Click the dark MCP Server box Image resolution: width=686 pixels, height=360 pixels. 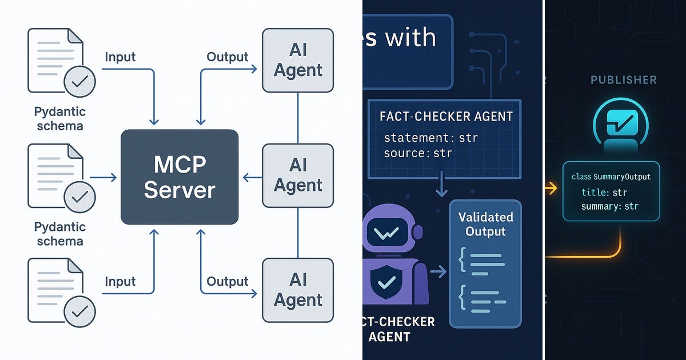(180, 177)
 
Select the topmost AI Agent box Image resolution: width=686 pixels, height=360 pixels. (298, 61)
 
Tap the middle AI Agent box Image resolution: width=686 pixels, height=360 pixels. (298, 175)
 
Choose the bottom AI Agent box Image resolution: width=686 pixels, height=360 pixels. (298, 290)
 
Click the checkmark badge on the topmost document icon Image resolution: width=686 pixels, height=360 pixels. (80, 82)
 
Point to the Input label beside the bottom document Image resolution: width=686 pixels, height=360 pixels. (120, 281)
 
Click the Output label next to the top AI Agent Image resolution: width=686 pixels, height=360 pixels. (228, 57)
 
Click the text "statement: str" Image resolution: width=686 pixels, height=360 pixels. (430, 138)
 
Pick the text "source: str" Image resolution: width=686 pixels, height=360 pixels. (417, 153)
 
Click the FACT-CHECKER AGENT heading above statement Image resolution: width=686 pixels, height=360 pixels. (446, 117)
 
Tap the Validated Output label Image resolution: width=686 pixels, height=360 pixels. (485, 224)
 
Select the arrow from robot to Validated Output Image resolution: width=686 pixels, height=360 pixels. (438, 272)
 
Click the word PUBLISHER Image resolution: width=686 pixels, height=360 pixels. (623, 80)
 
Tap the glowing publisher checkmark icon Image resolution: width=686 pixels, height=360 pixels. (621, 122)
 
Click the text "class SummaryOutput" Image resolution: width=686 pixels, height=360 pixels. (611, 177)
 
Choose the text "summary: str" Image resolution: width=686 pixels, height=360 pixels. (609, 206)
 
